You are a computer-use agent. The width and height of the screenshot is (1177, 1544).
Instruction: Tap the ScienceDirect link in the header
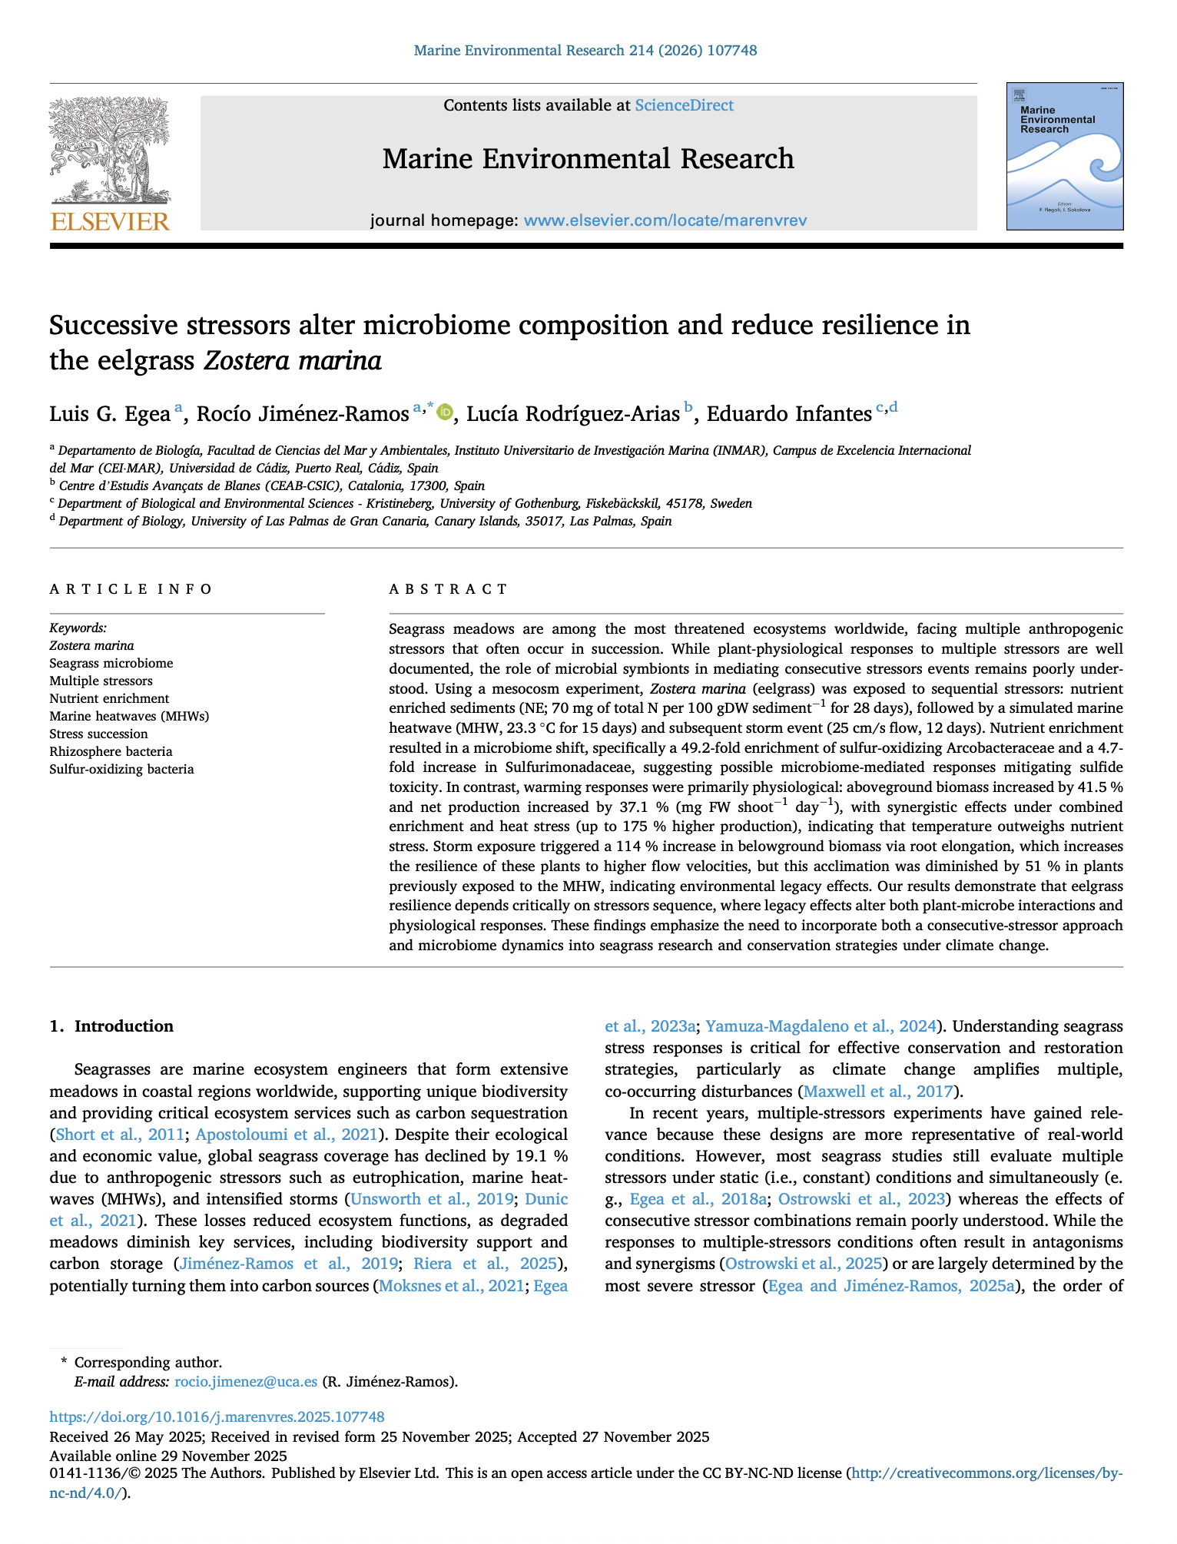click(684, 105)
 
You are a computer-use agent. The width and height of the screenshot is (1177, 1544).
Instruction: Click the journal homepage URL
click(665, 220)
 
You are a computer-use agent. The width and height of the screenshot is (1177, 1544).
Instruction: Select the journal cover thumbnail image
click(1065, 156)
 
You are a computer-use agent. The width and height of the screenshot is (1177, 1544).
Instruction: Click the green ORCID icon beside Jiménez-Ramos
click(444, 413)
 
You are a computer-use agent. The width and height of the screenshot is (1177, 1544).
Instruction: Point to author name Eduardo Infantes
click(789, 414)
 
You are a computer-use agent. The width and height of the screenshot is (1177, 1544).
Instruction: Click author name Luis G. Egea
click(109, 414)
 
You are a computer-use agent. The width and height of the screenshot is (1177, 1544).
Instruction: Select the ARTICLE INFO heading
click(131, 589)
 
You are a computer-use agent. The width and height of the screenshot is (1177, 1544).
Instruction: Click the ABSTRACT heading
click(448, 589)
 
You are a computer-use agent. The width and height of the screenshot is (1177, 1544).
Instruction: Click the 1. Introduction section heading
click(111, 1026)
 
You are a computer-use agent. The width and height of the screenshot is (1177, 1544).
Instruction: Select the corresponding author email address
click(246, 1381)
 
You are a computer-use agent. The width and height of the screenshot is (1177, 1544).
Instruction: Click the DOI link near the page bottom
click(217, 1416)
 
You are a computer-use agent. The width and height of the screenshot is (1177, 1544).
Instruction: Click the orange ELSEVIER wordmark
click(110, 222)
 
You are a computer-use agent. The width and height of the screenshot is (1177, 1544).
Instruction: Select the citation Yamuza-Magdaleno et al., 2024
click(821, 1026)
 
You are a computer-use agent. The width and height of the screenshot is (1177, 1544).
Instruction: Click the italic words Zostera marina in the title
click(293, 360)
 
